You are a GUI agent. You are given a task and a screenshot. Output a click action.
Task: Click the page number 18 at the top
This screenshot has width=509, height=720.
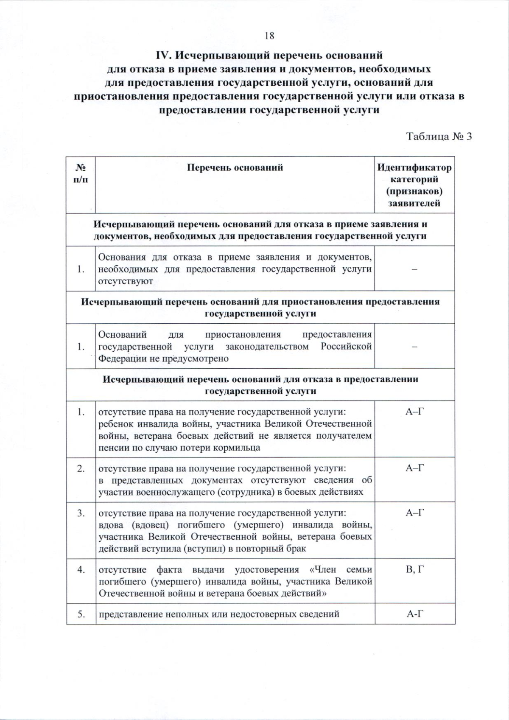tap(269, 36)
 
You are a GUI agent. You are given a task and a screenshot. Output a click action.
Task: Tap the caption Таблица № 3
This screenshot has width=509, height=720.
tap(439, 137)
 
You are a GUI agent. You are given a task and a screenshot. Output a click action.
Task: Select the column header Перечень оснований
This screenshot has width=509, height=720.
tap(235, 168)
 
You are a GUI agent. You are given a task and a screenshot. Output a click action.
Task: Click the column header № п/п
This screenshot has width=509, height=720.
tap(81, 173)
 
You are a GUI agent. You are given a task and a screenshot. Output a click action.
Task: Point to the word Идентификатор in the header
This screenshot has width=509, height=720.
tap(414, 168)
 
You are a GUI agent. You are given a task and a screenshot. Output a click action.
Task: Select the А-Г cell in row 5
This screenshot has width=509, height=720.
tap(415, 614)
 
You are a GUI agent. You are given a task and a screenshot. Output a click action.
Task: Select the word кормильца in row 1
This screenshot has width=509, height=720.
tap(240, 448)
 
